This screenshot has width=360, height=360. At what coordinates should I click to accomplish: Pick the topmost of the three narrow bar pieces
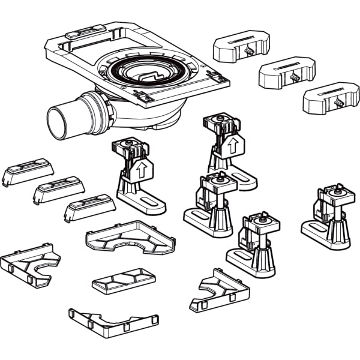tap(28, 172)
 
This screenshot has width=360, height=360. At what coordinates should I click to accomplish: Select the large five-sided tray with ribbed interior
tap(131, 236)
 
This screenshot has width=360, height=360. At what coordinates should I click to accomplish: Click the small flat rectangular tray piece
tap(124, 280)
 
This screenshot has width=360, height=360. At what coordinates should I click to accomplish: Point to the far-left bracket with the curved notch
tap(30, 264)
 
